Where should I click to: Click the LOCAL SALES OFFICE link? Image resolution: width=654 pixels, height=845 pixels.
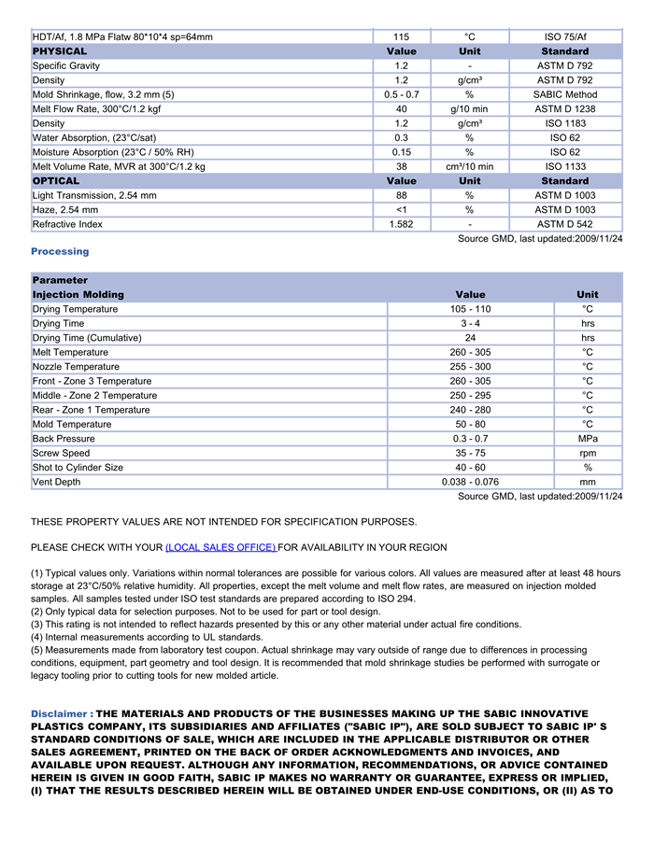tap(220, 547)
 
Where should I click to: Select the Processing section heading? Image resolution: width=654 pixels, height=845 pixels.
tap(60, 251)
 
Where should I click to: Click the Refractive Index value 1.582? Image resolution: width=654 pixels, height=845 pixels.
tap(401, 224)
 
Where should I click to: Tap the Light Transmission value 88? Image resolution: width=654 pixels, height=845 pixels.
tap(401, 195)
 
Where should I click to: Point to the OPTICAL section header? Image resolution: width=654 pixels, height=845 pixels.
tap(56, 181)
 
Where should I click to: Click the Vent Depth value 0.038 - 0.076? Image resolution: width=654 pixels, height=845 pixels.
tap(470, 482)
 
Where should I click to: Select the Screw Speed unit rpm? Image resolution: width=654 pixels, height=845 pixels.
tap(587, 453)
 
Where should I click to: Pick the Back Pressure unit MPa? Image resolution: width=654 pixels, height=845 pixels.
tap(587, 439)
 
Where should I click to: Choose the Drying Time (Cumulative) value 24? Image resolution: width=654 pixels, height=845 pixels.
tap(470, 338)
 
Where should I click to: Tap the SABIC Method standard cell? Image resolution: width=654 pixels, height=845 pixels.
tap(565, 94)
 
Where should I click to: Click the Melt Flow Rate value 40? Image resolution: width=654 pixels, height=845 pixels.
tap(401, 109)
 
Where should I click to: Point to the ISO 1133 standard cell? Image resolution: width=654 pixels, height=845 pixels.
tap(565, 166)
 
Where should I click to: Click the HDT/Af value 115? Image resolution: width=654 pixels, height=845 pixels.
tap(401, 36)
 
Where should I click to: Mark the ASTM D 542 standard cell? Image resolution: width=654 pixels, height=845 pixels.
tap(565, 224)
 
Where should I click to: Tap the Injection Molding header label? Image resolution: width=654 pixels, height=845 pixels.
tap(78, 294)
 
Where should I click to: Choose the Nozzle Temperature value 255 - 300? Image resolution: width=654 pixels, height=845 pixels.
tap(470, 367)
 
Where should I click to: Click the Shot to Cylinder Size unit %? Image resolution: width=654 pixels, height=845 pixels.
tap(587, 468)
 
